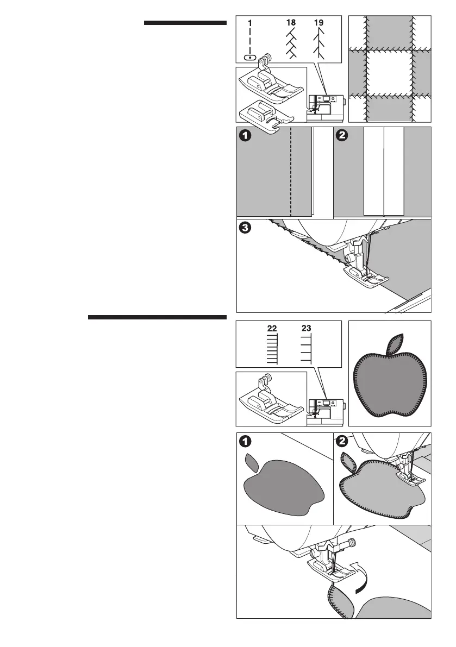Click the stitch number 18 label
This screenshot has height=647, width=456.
[292, 24]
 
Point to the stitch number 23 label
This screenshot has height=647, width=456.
[306, 329]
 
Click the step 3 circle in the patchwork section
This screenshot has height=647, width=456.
[246, 229]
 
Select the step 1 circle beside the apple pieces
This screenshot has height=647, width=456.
[246, 442]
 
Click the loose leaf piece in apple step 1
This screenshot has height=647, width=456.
[251, 462]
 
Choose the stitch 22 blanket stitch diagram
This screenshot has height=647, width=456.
[272, 348]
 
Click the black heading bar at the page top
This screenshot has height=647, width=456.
[185, 23]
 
